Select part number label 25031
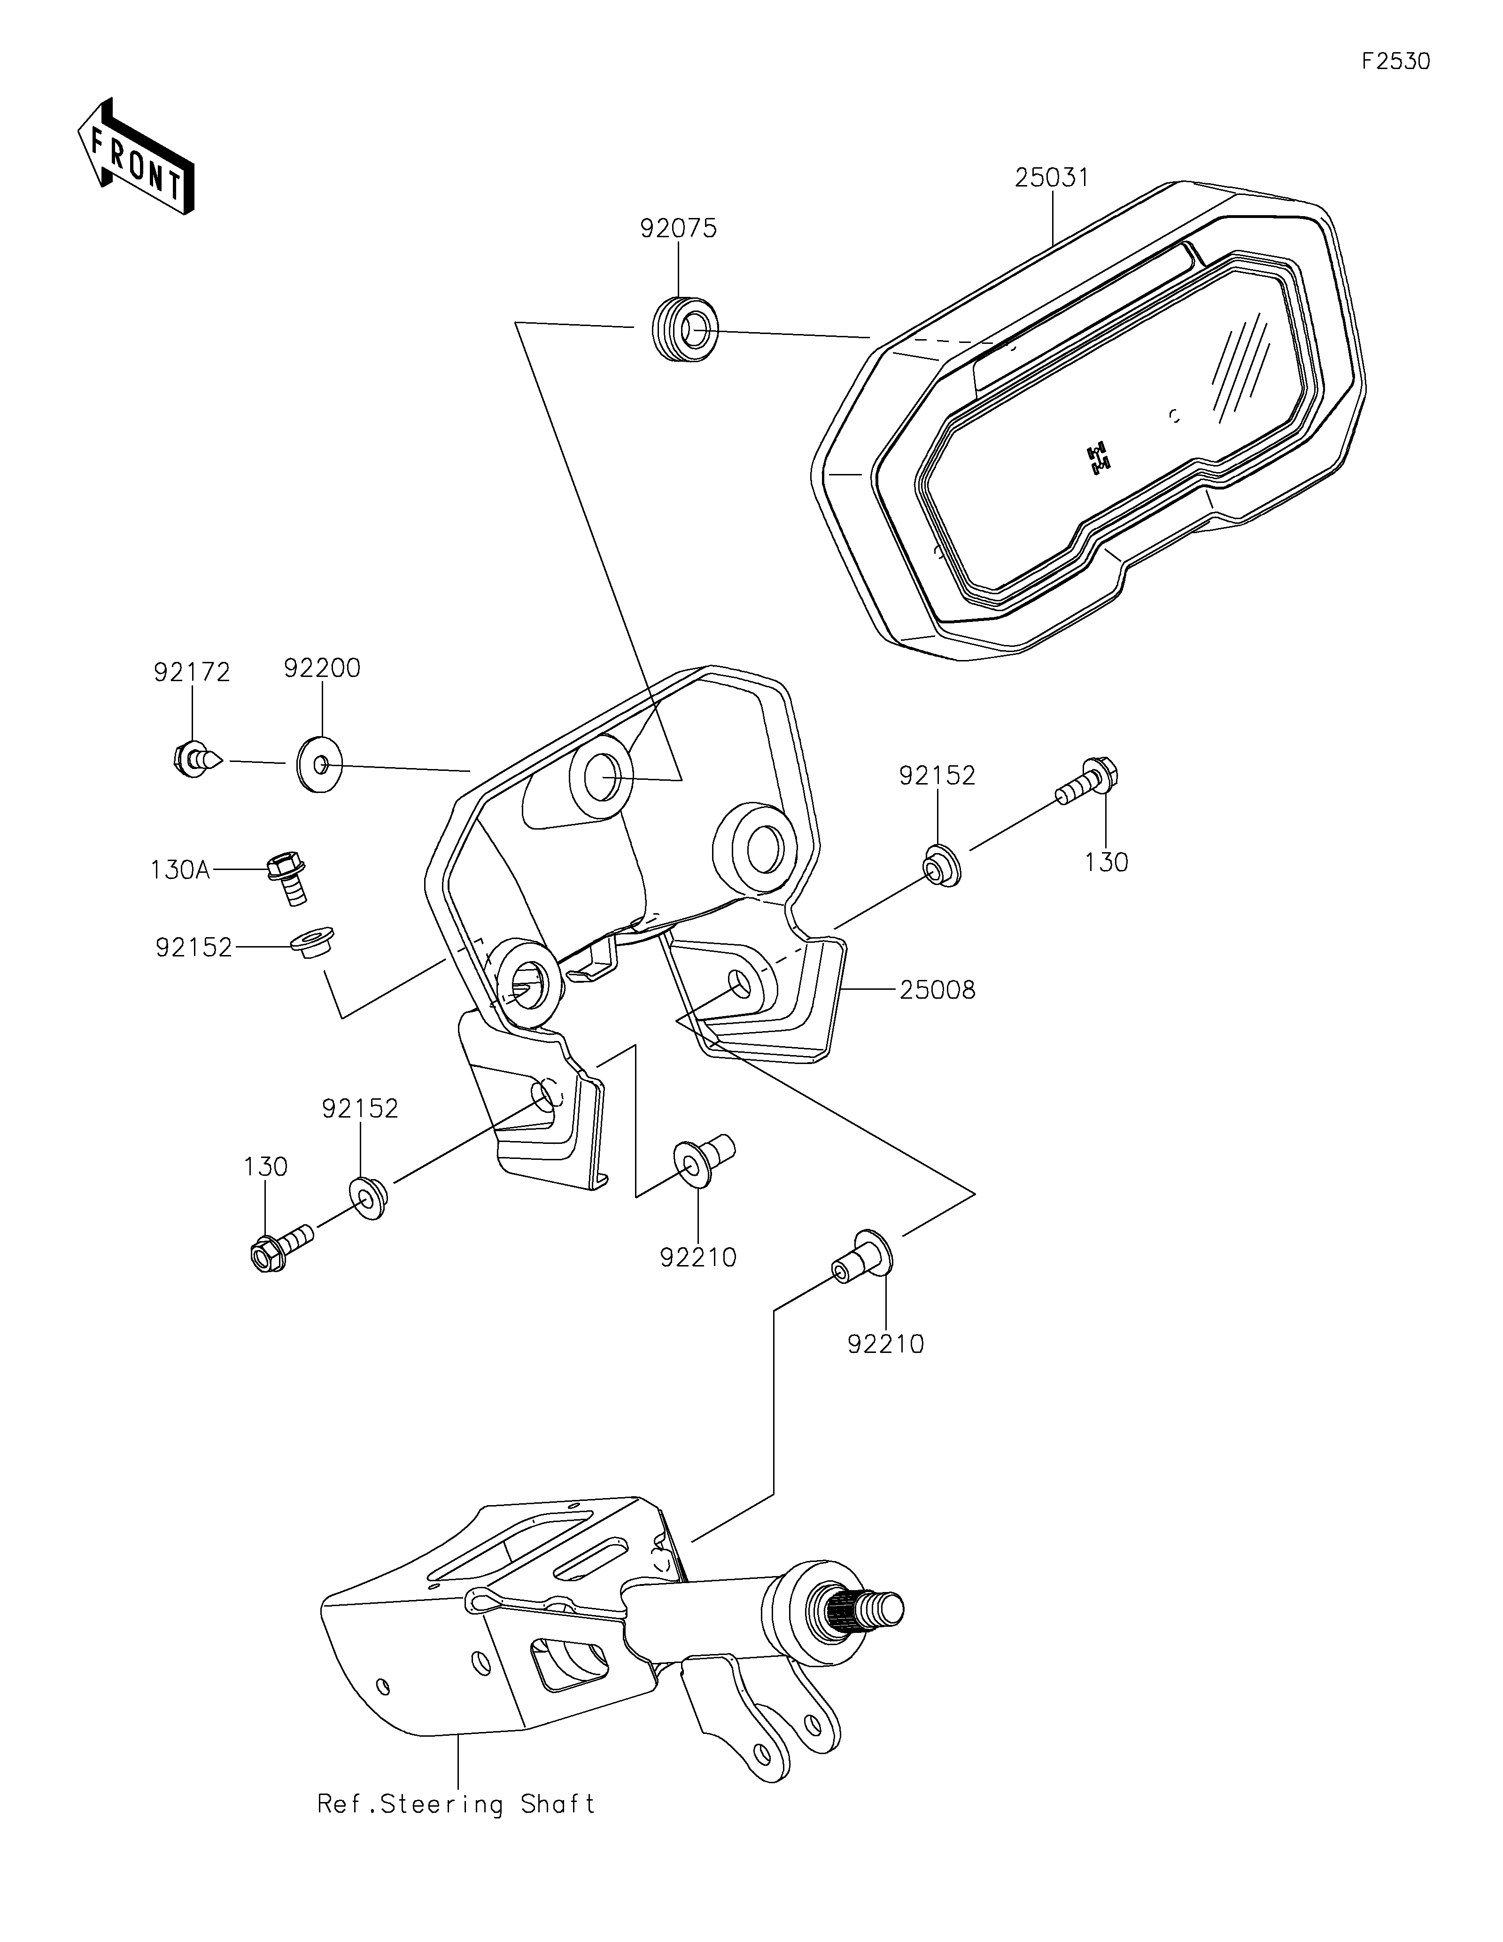point(1052,178)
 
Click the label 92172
point(192,672)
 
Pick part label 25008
point(937,990)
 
